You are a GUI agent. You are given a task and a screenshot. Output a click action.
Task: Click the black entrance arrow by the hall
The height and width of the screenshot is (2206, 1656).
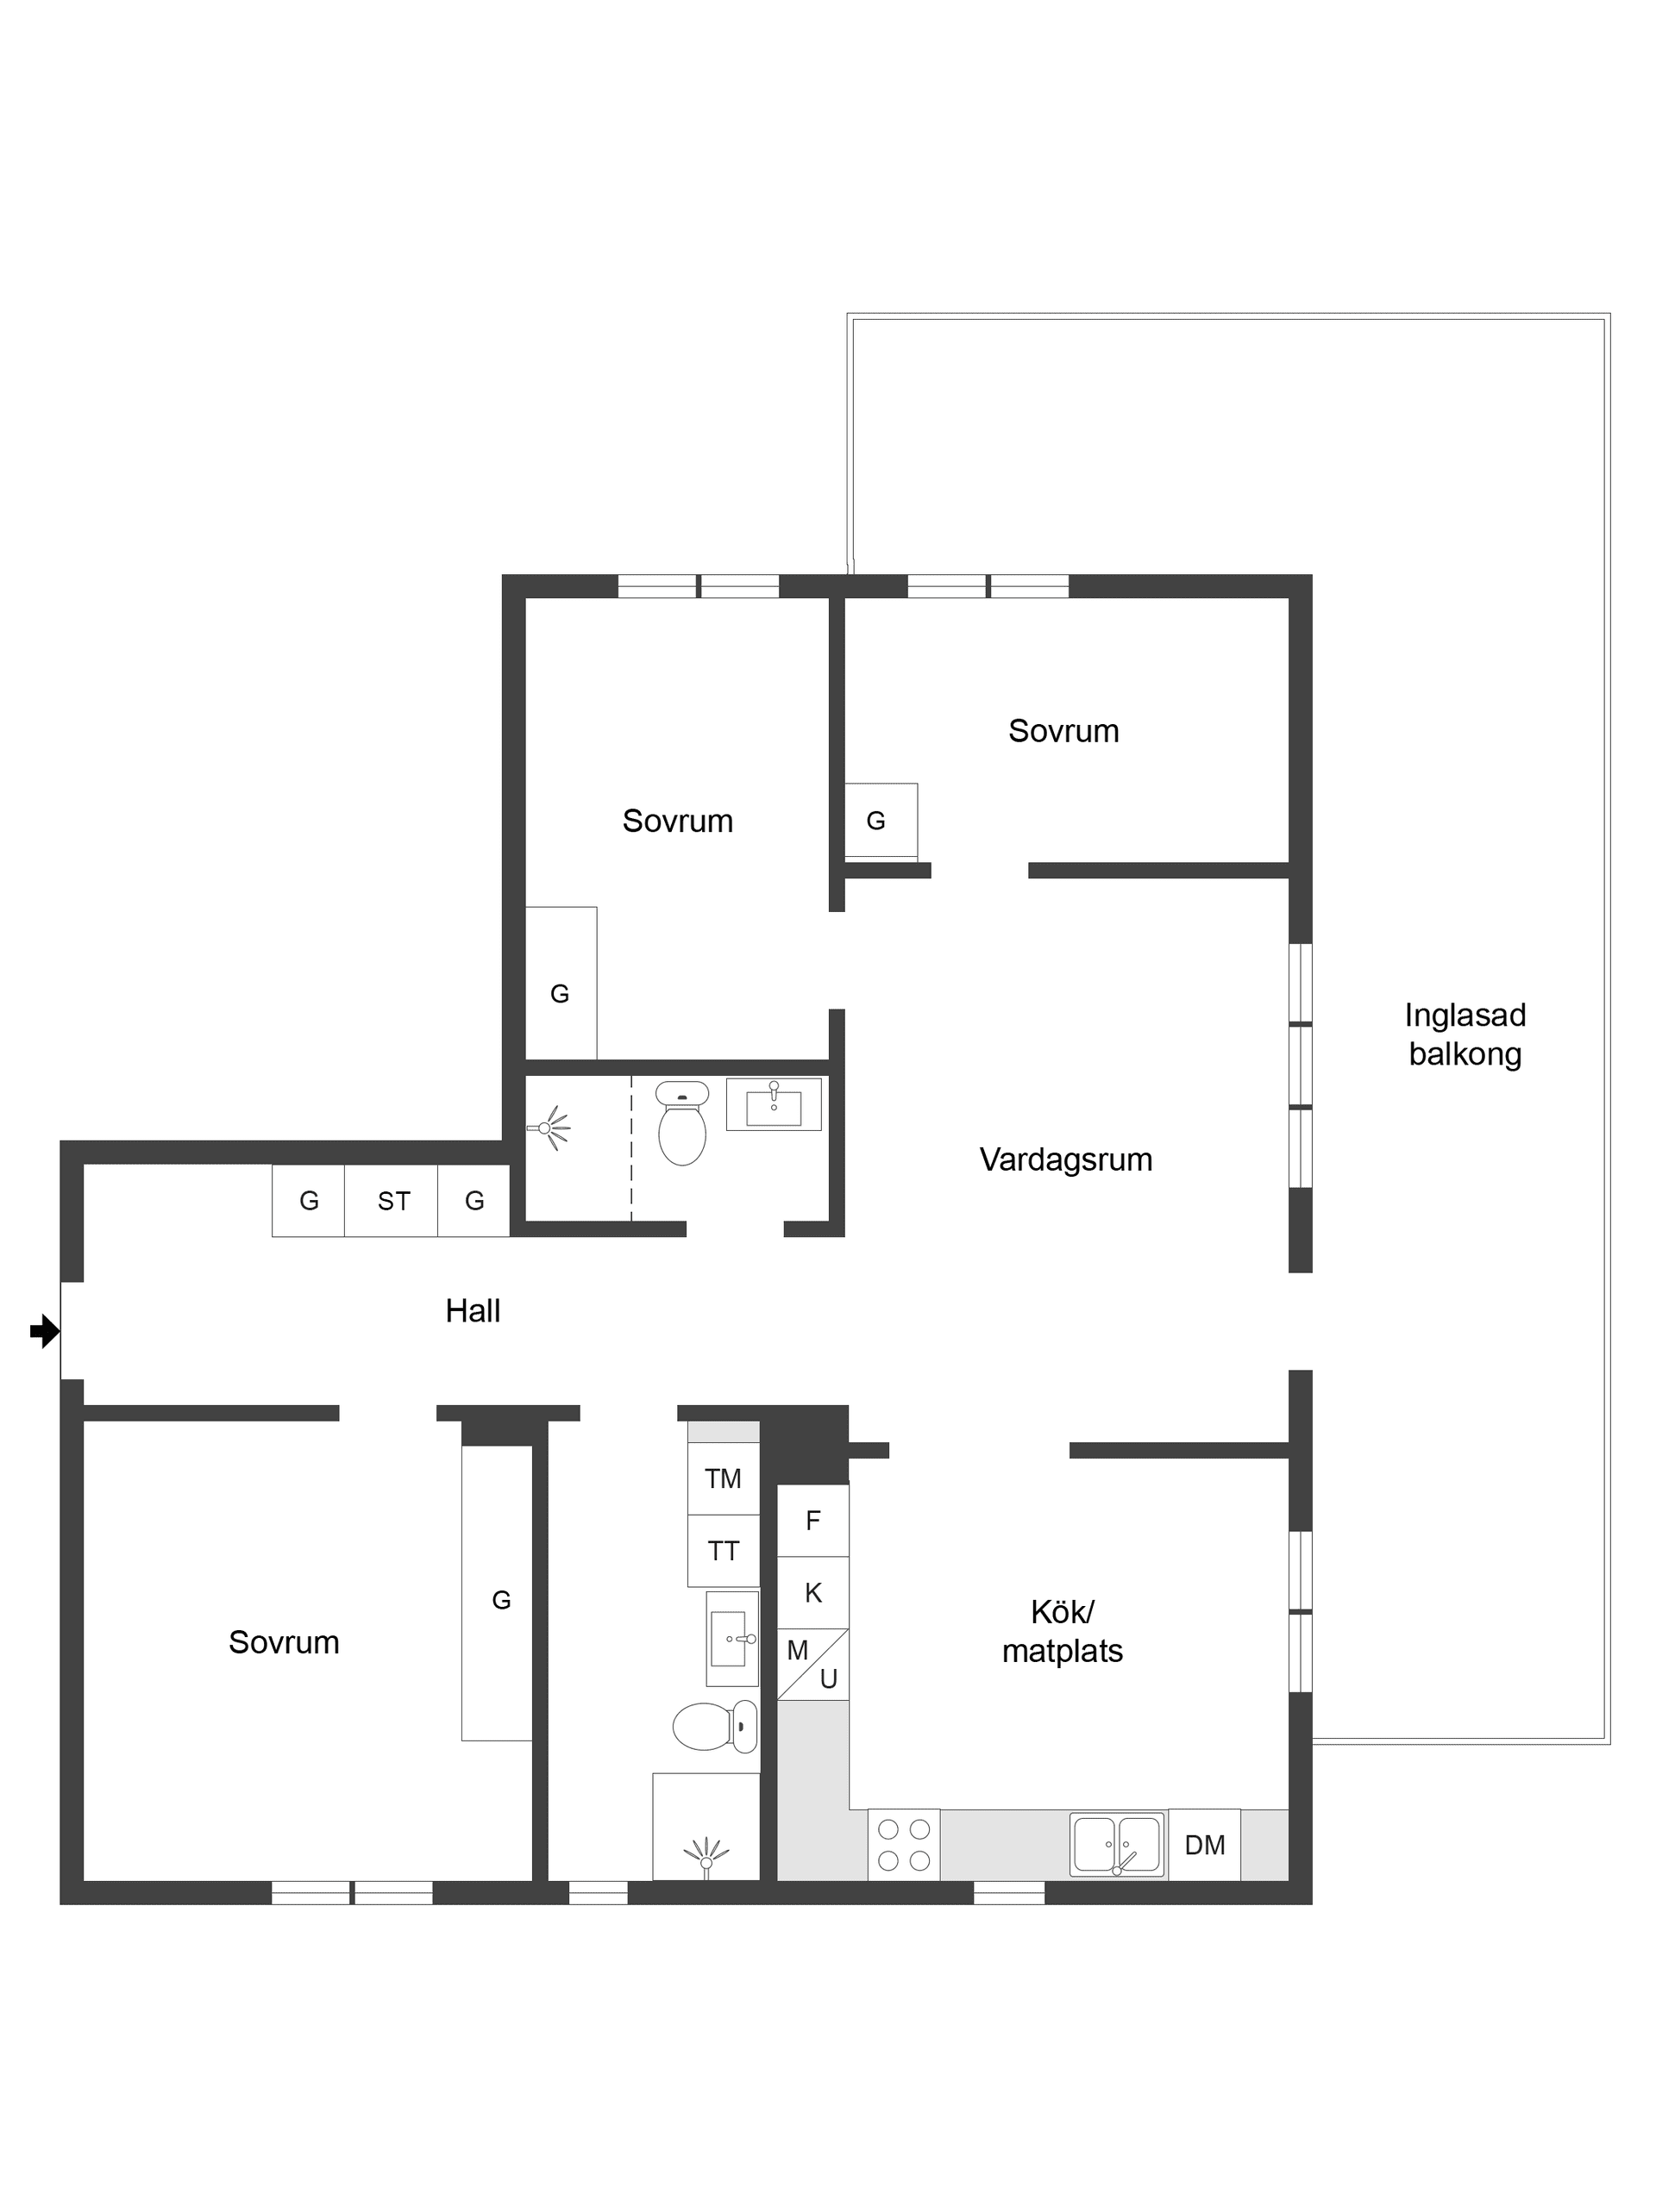[x=45, y=1330]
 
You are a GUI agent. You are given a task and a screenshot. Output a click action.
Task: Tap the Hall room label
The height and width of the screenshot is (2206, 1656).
[x=472, y=1310]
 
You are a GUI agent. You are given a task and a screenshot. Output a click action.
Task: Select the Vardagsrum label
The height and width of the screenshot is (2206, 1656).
[x=1065, y=1159]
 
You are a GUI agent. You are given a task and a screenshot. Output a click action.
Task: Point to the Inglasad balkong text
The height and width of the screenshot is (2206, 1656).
[x=1465, y=1034]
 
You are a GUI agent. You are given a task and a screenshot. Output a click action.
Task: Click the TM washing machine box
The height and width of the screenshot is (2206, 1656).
[x=724, y=1479]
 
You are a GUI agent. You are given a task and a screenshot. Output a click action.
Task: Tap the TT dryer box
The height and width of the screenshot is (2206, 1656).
[x=724, y=1551]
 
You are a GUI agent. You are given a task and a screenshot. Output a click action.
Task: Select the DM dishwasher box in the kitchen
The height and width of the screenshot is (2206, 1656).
[x=1204, y=1844]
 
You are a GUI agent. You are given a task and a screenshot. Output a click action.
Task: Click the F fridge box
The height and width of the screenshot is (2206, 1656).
[x=813, y=1521]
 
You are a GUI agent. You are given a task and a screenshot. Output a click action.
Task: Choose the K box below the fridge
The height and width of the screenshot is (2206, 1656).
[x=813, y=1593]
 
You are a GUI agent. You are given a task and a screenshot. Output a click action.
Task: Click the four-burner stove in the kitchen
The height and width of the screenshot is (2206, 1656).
[x=904, y=1844]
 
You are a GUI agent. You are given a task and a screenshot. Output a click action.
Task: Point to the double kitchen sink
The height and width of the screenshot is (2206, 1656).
[x=1116, y=1844]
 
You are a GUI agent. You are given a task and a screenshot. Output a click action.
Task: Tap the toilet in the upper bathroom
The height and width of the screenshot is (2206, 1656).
[x=682, y=1123]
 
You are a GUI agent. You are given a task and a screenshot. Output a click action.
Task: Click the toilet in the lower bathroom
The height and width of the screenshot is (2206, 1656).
[x=715, y=1727]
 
